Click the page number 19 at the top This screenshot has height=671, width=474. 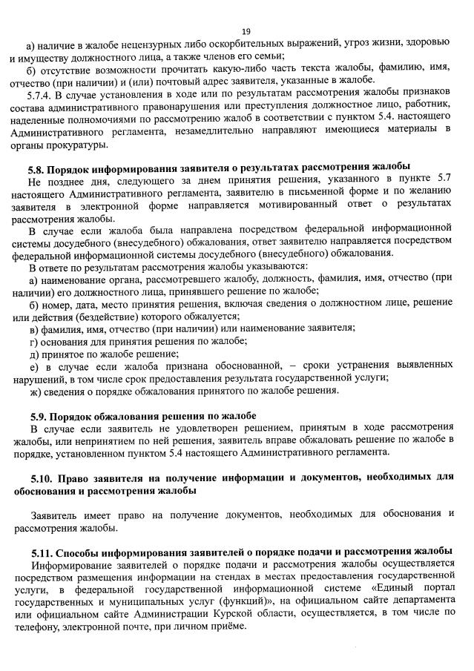246,30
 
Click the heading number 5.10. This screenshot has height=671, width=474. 44,476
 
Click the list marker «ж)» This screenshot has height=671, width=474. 34,391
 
